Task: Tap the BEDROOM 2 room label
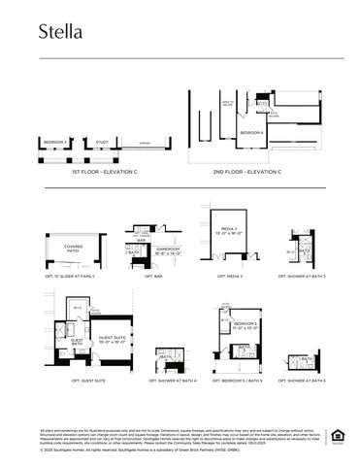(x=55, y=142)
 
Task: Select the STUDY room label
(x=102, y=142)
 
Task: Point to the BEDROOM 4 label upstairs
(x=251, y=132)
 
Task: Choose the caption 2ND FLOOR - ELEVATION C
(x=247, y=172)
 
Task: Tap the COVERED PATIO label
(x=74, y=249)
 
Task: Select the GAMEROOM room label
(x=156, y=250)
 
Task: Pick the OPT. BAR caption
(x=151, y=277)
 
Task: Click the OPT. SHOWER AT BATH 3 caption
(x=305, y=277)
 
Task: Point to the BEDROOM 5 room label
(x=245, y=325)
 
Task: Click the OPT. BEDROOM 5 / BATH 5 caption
(x=241, y=382)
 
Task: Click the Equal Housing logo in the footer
(x=337, y=435)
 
